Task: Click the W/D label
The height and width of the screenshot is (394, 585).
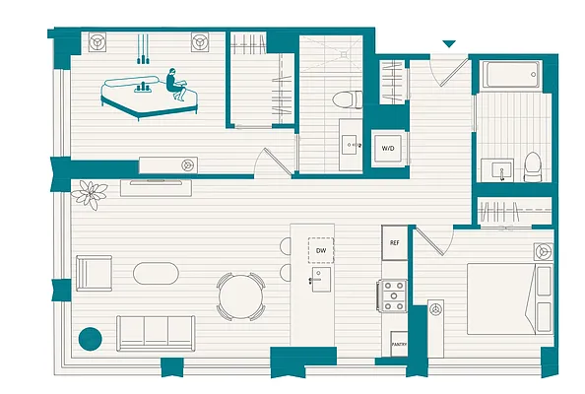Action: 388,149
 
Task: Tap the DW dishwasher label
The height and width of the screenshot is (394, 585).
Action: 321,251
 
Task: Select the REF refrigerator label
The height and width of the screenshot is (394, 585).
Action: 394,242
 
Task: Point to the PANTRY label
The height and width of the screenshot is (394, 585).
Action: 399,345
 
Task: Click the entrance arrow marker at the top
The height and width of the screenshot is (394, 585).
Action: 449,44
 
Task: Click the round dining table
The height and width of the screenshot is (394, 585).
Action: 240,295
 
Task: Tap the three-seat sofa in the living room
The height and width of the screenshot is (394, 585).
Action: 154,332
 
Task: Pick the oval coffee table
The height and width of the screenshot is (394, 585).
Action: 158,273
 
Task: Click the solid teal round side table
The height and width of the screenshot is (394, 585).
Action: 90,338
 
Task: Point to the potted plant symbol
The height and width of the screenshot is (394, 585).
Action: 92,193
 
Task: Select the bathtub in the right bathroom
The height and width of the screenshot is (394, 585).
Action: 508,75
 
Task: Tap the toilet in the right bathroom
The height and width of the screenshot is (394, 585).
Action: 533,166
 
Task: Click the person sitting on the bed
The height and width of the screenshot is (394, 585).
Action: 174,84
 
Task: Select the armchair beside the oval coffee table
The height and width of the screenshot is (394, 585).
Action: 95,272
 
